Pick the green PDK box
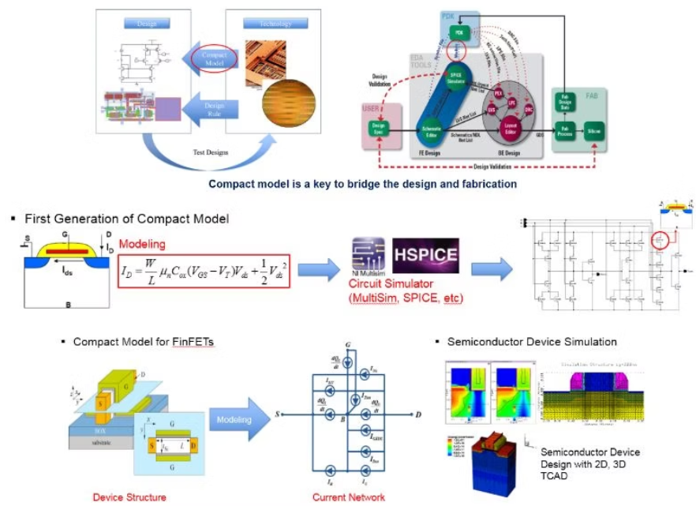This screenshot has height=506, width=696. click(458, 32)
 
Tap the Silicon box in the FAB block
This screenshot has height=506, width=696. click(594, 135)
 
